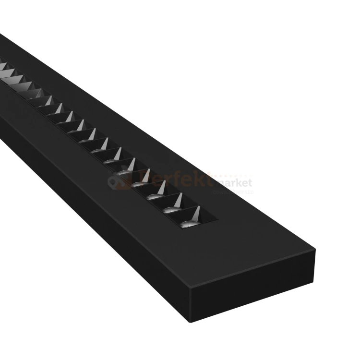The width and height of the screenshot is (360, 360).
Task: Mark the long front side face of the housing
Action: [96, 192]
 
